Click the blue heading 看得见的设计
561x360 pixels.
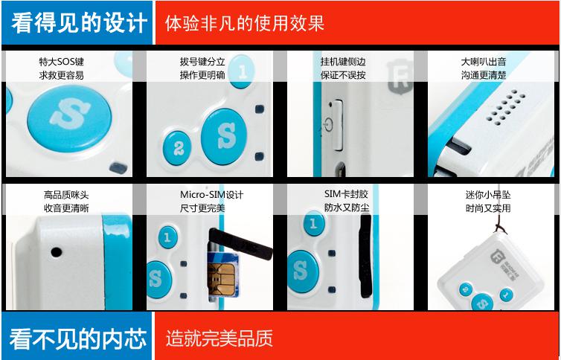[x=79, y=23]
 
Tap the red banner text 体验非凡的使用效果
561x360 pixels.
[x=245, y=23]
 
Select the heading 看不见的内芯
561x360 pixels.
[x=78, y=338]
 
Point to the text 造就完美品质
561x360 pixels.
[x=219, y=338]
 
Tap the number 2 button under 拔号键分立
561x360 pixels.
[x=177, y=148]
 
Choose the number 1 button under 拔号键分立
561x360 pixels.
[x=242, y=71]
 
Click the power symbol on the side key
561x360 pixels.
[x=327, y=125]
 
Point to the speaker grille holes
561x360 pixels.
[x=505, y=107]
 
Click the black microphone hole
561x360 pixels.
[x=56, y=252]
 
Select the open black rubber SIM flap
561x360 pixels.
[x=240, y=243]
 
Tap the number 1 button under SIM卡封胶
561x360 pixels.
[x=314, y=223]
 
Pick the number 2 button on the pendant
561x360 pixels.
[x=466, y=289]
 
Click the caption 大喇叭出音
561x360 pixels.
[x=484, y=62]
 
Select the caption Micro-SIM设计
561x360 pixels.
[x=211, y=195]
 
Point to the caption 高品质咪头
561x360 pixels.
[x=66, y=195]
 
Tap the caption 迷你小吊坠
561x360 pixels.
[x=488, y=195]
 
